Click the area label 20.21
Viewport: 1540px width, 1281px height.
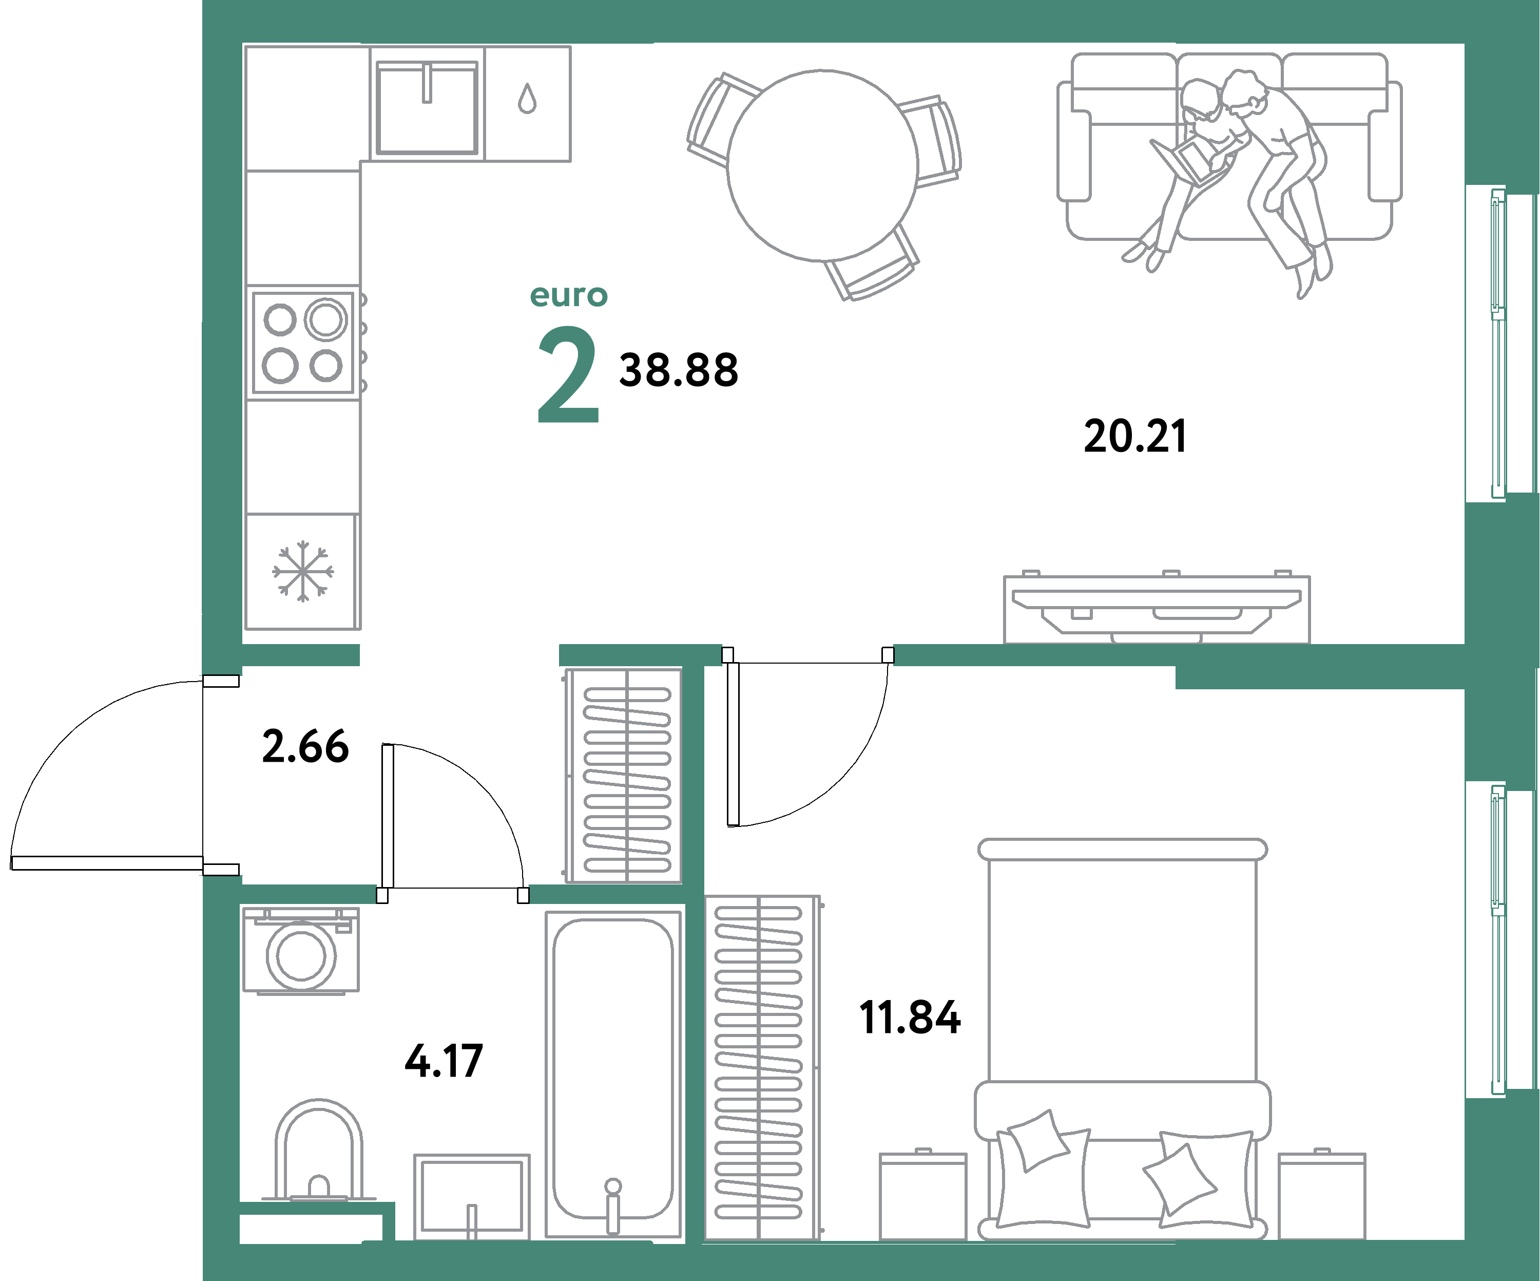coord(1134,437)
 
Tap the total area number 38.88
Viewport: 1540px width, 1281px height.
coord(678,370)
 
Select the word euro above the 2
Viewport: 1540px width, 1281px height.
coord(568,296)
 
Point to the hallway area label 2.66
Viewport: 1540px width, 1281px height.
coord(305,747)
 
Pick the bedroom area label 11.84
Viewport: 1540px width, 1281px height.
coord(909,1019)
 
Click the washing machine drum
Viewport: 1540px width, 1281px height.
coord(301,956)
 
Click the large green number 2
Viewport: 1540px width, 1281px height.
coord(568,375)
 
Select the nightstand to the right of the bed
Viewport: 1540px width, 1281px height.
coord(1321,1196)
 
